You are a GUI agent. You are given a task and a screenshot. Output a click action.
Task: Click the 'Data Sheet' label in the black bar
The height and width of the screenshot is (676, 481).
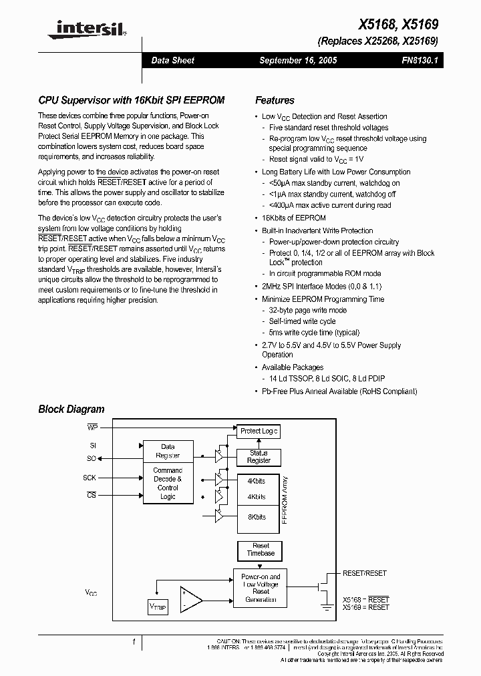(x=172, y=60)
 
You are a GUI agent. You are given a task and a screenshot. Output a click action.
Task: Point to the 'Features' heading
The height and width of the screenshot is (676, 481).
(x=275, y=100)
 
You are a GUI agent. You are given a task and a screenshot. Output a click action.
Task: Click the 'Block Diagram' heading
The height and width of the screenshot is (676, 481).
(x=71, y=409)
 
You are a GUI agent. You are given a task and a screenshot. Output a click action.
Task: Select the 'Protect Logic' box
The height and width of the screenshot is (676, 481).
(x=259, y=432)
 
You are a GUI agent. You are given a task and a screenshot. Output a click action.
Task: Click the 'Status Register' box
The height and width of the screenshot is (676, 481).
(x=259, y=456)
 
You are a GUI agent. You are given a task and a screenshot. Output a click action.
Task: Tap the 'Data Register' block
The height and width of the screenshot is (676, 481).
(x=168, y=451)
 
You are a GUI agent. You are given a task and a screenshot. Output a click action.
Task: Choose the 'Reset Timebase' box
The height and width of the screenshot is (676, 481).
(x=261, y=550)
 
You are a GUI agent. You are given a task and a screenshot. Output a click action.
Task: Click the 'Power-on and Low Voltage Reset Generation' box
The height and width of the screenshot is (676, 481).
(x=261, y=587)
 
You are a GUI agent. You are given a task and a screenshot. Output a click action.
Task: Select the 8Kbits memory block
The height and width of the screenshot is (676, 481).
(x=257, y=517)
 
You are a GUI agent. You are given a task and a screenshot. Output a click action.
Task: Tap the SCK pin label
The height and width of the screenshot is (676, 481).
(x=90, y=478)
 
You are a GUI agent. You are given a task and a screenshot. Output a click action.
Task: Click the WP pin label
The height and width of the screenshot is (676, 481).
(x=92, y=426)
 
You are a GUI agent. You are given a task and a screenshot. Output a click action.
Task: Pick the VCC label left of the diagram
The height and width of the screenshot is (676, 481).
(x=91, y=593)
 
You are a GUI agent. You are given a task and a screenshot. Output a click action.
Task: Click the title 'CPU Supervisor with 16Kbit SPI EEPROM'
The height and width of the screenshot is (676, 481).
(x=131, y=100)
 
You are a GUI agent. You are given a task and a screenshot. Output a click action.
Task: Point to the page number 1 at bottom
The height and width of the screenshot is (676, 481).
(x=134, y=642)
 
